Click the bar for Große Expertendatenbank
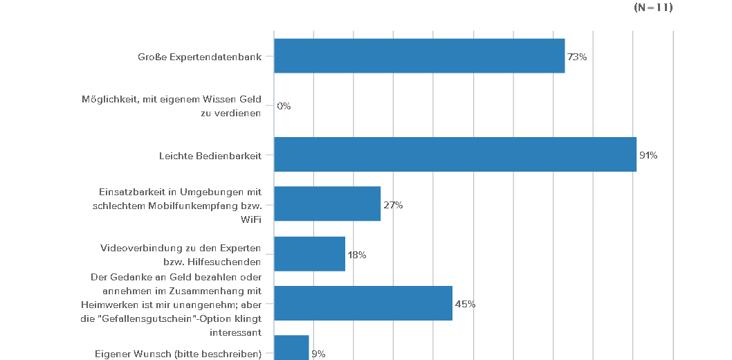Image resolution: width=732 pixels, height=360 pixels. (419, 56)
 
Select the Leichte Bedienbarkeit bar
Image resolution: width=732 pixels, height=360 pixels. (455, 154)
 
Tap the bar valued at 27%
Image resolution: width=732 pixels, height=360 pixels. (327, 204)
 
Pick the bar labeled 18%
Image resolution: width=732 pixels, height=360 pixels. (309, 254)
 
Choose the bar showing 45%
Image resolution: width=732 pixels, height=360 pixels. (363, 303)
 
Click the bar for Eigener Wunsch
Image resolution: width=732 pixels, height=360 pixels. (291, 348)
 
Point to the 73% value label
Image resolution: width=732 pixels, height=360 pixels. (577, 57)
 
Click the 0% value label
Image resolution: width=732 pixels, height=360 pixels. (284, 107)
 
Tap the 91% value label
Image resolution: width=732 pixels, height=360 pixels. (648, 156)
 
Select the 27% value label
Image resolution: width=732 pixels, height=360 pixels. (393, 205)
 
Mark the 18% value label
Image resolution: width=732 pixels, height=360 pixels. (357, 255)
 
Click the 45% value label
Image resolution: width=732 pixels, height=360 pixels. (465, 304)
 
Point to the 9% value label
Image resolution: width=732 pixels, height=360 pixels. (318, 354)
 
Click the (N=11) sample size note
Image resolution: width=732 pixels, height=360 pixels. (653, 8)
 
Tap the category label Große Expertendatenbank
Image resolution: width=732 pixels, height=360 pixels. (199, 57)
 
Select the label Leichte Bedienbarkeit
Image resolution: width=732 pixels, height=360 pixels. (210, 156)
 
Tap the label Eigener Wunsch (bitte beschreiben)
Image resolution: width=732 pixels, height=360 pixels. (178, 354)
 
